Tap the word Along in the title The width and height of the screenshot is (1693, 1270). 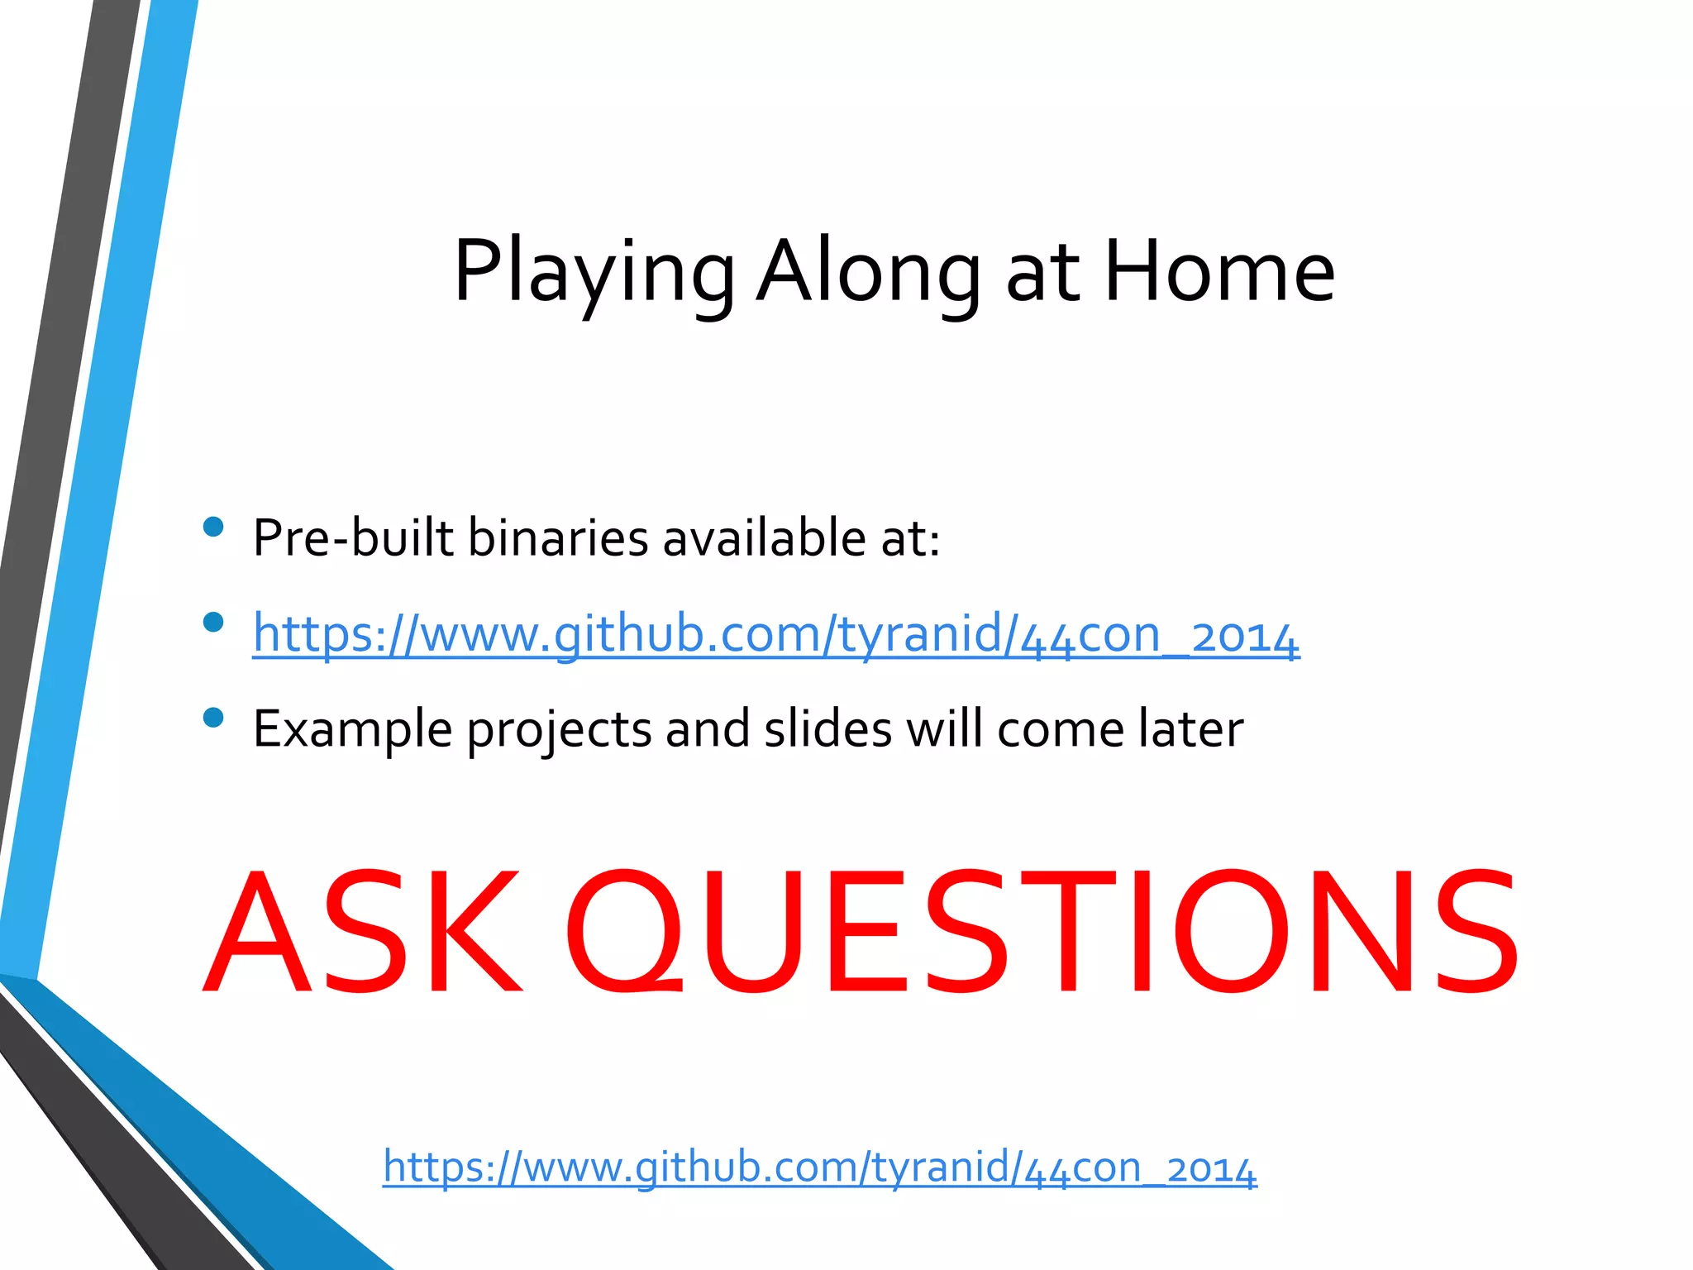(868, 273)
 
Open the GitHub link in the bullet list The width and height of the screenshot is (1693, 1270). (775, 634)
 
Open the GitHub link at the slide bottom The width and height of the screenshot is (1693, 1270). (819, 1167)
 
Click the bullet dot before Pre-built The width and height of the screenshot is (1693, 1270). (213, 527)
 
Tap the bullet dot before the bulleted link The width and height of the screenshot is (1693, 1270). (213, 622)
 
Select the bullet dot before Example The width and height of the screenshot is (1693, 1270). (213, 717)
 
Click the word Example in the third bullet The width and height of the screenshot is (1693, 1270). (352, 729)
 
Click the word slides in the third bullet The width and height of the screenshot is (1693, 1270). (827, 729)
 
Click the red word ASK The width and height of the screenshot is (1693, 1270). (364, 932)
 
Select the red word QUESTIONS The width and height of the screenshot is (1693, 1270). (1042, 932)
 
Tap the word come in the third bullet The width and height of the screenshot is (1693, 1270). (1060, 729)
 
